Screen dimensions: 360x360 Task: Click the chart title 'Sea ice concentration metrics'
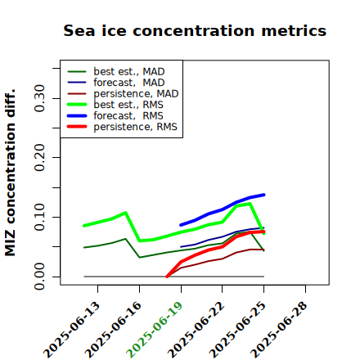tap(195, 30)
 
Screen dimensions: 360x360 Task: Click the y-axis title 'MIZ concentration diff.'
tap(10, 173)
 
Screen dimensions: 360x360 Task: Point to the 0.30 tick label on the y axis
tap(40, 98)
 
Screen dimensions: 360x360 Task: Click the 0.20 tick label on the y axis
tap(40, 158)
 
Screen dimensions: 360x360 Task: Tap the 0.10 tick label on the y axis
tap(40, 217)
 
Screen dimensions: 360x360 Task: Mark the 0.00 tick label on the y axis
tap(40, 277)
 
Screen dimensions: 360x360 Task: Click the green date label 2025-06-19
tap(155, 330)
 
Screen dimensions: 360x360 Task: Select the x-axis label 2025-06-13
tap(71, 330)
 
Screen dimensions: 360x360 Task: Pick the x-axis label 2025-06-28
tap(279, 330)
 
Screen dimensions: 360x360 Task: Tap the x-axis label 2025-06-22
tap(196, 330)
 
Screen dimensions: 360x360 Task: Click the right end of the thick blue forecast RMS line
tap(263, 195)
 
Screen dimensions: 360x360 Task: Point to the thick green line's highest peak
tap(250, 204)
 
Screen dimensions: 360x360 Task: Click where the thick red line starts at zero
tap(167, 277)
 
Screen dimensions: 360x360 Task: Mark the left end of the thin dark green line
tap(84, 247)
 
